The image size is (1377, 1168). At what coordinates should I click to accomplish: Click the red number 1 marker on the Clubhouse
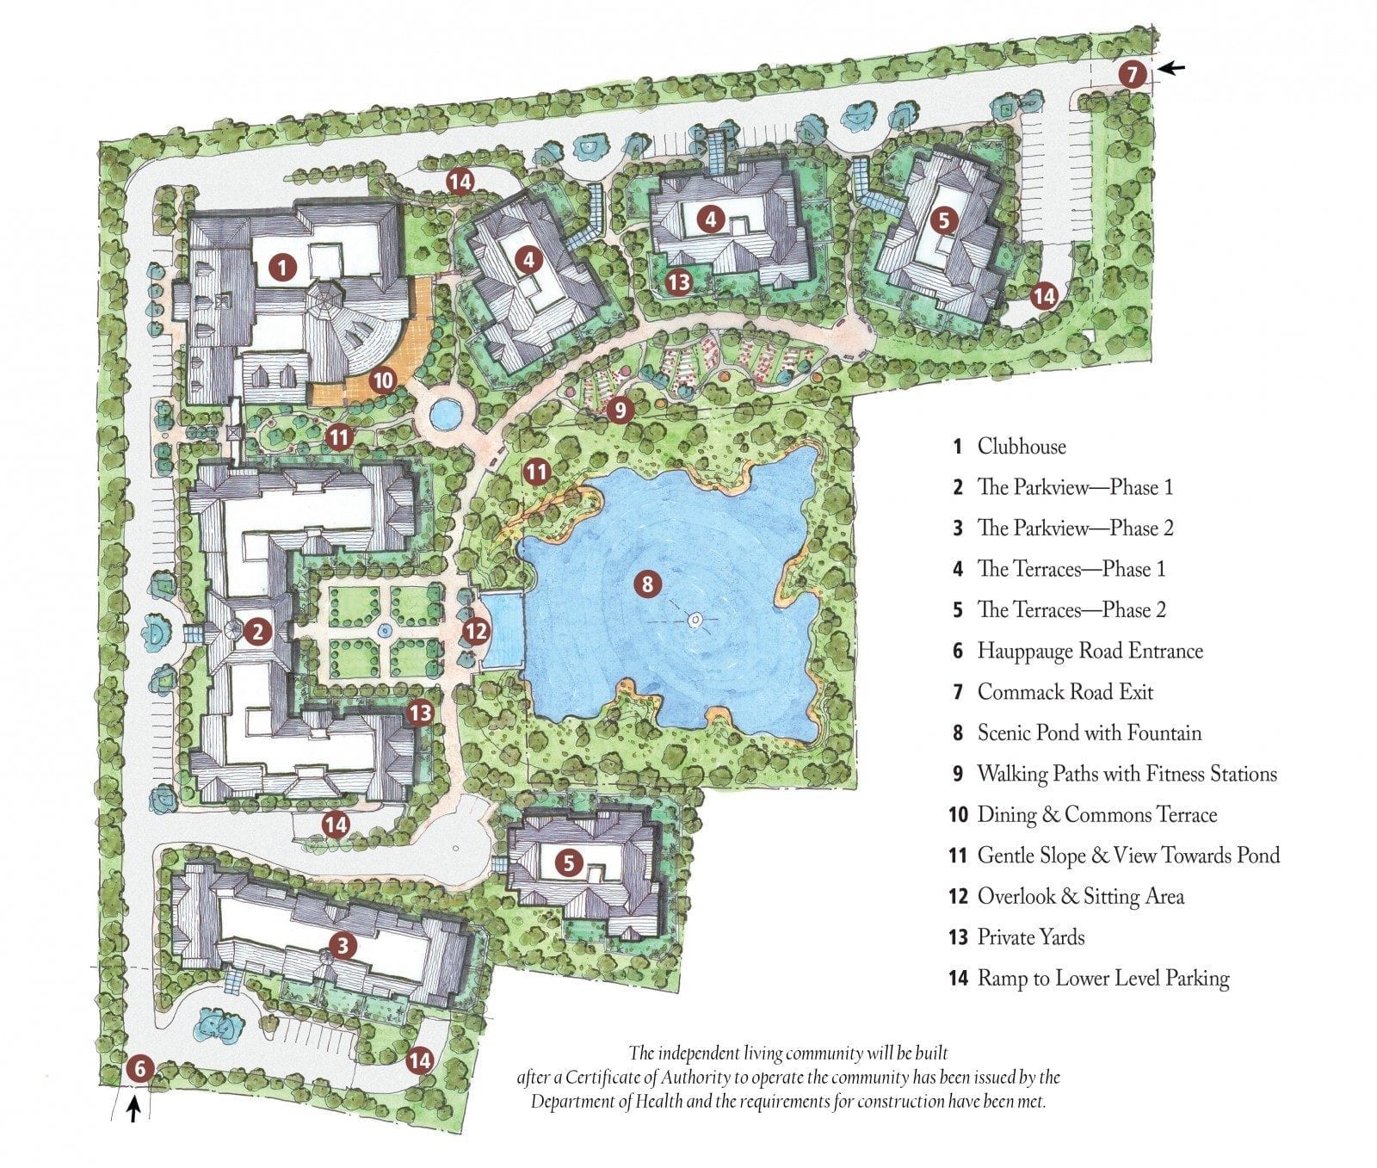point(281,268)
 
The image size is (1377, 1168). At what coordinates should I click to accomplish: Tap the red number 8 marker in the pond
point(647,585)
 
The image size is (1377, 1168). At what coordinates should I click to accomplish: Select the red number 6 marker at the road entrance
point(139,1070)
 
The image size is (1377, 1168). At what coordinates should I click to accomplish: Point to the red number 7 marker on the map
point(1133,75)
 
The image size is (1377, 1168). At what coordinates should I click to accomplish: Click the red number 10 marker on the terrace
point(383,380)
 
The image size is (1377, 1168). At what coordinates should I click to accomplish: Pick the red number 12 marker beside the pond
point(475,632)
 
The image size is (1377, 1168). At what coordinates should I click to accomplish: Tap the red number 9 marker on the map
point(620,410)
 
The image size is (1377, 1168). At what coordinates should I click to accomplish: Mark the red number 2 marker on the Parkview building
point(257,633)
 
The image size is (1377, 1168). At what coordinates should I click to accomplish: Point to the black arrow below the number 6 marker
point(133,1112)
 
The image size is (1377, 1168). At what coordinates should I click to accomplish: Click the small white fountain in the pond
point(695,620)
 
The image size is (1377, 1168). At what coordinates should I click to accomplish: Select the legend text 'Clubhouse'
point(1022,447)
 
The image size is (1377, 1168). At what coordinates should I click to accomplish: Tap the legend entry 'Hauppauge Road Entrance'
point(1090,651)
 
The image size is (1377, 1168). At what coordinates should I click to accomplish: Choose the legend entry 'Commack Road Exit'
point(1065,692)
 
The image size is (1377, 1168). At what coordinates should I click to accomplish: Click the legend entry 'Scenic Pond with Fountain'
point(1089,733)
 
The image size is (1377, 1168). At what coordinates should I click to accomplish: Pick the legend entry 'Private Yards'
point(1030,937)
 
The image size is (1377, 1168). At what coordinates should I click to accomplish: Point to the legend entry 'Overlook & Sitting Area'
point(1080,896)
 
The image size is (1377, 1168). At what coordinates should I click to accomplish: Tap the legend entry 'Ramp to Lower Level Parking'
point(1102,978)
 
